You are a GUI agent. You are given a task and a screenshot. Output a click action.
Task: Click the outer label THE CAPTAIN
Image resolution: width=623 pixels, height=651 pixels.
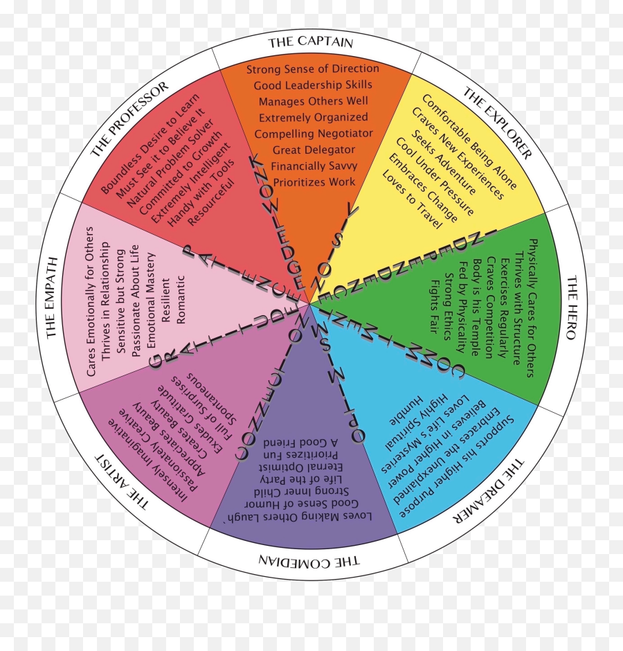(x=311, y=42)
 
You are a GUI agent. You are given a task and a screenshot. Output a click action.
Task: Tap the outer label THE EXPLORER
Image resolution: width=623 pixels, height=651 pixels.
(x=497, y=123)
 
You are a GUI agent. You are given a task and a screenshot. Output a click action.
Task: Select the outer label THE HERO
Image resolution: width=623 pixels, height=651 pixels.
(x=571, y=307)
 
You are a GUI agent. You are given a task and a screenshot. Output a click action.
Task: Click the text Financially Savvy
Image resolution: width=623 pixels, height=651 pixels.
(x=313, y=166)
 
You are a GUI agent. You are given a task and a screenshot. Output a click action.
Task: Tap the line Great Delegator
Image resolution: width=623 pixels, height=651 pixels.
(x=314, y=150)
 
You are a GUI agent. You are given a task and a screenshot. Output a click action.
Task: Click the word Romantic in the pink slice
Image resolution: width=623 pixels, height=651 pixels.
(x=181, y=299)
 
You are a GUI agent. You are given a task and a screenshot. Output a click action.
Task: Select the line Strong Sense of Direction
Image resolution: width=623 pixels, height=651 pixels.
(x=313, y=69)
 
